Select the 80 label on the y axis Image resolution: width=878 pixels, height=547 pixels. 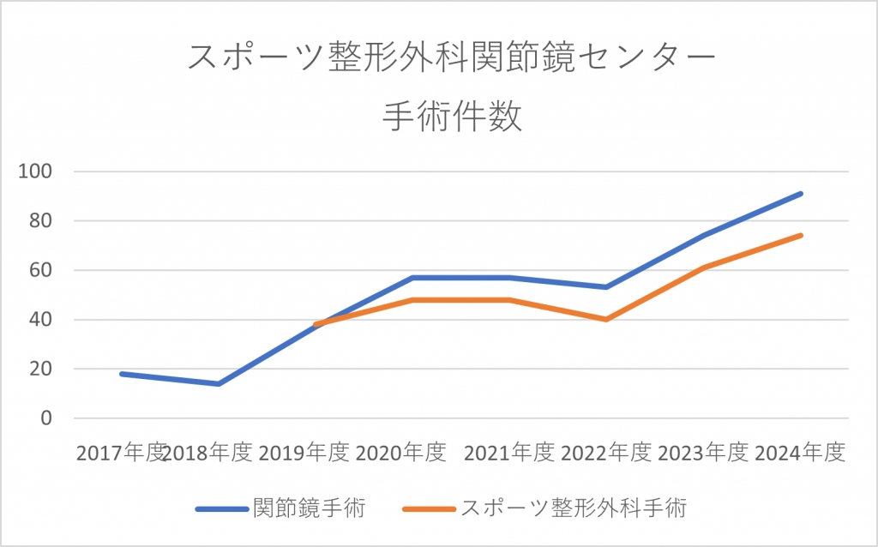(x=40, y=221)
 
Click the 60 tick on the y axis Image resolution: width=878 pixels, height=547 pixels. (x=40, y=271)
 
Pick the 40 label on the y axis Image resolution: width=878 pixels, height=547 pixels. (x=40, y=320)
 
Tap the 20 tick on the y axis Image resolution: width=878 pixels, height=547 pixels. (x=40, y=370)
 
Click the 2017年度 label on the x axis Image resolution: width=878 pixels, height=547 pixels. (x=120, y=452)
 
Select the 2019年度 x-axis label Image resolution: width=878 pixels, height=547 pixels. (x=304, y=452)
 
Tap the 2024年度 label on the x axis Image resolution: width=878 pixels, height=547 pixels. (x=801, y=452)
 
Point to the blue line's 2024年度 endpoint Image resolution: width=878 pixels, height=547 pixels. (x=801, y=194)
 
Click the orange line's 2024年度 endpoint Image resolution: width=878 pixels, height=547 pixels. (x=801, y=235)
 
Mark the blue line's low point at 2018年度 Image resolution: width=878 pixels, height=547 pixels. (x=219, y=383)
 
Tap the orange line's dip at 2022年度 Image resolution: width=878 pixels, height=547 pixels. (x=606, y=319)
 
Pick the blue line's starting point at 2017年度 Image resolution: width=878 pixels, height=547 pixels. (x=122, y=374)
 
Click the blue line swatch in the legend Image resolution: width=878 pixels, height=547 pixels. (x=221, y=508)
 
